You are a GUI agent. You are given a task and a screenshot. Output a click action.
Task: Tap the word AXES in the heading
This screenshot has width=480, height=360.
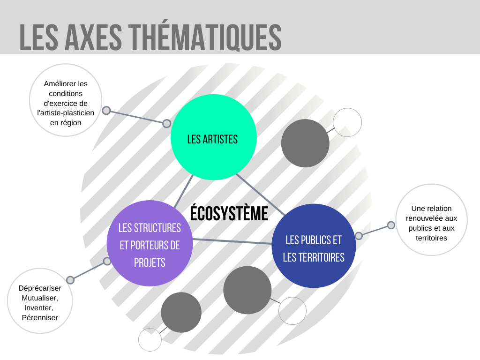93,37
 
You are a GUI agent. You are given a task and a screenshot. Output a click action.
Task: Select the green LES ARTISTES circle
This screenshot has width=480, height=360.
213,137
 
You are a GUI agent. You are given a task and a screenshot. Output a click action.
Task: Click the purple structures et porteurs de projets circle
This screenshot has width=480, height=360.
150,243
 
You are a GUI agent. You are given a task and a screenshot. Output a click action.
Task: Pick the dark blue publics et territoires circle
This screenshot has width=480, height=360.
314,246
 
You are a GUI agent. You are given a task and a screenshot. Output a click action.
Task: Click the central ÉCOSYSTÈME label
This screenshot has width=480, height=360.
229,213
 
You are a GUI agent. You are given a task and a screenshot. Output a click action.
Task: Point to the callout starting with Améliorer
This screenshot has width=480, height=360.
66,100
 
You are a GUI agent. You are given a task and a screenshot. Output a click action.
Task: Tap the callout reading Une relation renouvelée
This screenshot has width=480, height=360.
431,220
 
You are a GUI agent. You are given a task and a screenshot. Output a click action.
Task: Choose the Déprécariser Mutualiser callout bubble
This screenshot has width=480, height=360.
40,301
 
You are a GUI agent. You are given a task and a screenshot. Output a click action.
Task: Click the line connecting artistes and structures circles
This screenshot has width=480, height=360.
184,191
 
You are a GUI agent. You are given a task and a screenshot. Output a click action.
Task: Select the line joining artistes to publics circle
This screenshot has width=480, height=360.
261,195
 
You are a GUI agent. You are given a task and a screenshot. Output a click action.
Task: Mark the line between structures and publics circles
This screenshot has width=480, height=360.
232,241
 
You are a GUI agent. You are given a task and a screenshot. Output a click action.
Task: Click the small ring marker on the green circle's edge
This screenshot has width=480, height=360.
166,123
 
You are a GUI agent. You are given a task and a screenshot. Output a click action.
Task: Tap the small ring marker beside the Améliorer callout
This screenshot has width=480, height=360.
106,111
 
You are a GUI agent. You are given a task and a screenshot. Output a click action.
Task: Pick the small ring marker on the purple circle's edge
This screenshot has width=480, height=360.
107,261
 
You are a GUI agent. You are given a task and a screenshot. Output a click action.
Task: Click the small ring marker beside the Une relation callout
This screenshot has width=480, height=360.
391,225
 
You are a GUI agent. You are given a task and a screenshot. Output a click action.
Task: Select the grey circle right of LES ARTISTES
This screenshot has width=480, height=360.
305,143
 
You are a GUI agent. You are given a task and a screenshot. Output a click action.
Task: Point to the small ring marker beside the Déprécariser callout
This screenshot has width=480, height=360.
70,280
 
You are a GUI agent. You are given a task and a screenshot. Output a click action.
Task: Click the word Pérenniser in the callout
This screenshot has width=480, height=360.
40,317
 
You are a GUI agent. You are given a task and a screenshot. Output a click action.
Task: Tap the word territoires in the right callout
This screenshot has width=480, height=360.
431,238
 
